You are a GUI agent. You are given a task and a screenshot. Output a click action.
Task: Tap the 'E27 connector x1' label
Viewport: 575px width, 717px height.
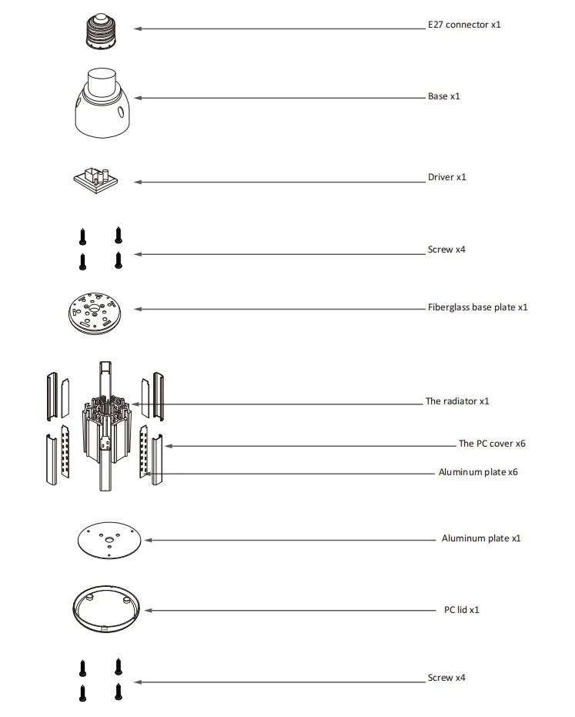pos(464,25)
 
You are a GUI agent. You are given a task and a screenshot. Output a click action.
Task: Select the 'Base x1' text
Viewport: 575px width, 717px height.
pos(443,97)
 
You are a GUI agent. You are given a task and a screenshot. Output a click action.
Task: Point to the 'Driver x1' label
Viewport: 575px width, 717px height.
pos(446,177)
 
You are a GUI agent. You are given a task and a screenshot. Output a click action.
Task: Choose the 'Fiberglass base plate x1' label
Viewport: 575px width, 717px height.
pos(477,307)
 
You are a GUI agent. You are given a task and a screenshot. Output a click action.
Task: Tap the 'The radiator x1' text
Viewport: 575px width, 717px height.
pos(457,401)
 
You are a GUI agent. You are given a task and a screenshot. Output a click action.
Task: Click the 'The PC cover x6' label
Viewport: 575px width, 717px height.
pos(492,444)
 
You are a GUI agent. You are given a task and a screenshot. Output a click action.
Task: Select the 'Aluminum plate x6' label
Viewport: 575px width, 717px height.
pos(478,472)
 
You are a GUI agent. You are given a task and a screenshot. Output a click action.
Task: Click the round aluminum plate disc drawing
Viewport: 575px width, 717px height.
pos(111,540)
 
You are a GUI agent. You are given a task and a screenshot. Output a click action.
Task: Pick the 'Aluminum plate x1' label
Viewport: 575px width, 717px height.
pos(480,538)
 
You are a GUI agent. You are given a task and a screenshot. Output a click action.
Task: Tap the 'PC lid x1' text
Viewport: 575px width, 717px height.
pos(462,610)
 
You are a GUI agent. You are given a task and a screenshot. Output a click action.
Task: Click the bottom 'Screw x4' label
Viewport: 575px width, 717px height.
pos(446,678)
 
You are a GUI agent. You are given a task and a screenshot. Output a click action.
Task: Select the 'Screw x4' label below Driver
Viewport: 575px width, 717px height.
pos(446,250)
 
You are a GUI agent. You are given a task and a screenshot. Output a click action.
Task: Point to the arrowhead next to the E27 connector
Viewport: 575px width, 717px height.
pos(138,28)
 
